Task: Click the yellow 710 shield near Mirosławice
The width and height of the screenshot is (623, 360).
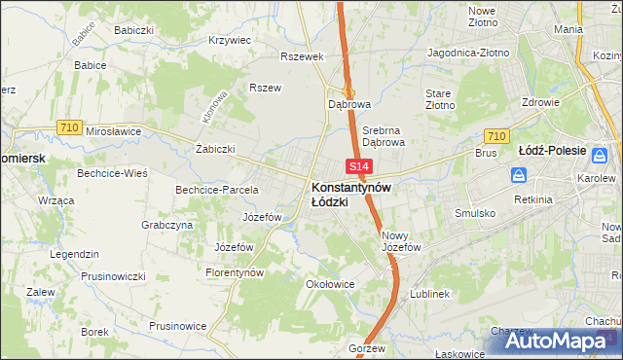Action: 68,127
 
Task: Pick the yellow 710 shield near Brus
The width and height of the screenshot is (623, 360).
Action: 495,137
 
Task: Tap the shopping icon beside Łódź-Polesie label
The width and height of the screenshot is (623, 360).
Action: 603,155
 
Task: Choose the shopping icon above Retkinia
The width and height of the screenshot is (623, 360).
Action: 520,176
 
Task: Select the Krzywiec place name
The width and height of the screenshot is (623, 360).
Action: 231,41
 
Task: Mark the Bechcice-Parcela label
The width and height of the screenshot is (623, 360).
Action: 216,190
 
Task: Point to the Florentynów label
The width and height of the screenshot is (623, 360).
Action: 235,273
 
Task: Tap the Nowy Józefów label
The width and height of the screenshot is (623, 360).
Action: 401,241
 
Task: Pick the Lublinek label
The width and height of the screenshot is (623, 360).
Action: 429,293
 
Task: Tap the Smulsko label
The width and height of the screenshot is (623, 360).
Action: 475,212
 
